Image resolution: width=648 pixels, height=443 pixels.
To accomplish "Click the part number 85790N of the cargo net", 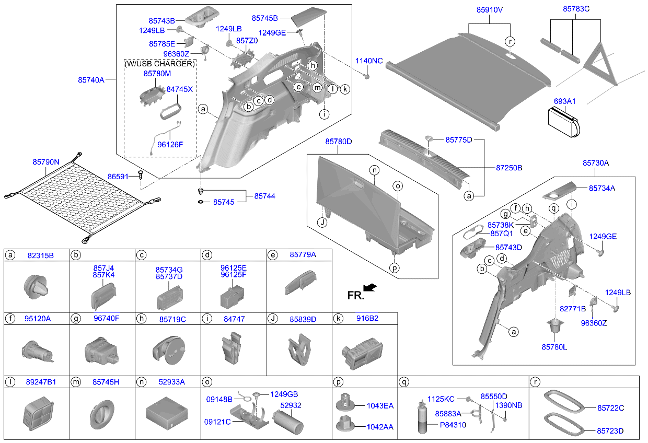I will point(46,162).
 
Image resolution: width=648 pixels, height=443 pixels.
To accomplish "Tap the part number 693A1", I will point(564,101).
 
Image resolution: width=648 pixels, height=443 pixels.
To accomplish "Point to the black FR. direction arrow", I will point(370,287).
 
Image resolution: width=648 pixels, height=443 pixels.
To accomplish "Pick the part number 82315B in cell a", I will point(40,255).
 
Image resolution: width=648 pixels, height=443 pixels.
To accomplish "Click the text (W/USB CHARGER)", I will point(160,64).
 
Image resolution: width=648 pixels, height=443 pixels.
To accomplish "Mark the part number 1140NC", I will point(369,61).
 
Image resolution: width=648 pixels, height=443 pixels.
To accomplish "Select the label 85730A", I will point(596,164).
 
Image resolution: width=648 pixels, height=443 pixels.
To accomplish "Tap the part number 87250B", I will point(509,168).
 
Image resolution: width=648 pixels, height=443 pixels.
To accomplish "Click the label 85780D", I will point(339,142).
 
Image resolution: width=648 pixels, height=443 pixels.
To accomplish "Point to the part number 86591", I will point(118,177).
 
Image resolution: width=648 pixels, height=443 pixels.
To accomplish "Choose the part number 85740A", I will point(91,80).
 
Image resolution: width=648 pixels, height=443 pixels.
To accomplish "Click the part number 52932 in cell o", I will point(291,405).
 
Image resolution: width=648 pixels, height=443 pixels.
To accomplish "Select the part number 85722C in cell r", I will point(611,408).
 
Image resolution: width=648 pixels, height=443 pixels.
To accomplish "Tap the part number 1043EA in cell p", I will point(380,405).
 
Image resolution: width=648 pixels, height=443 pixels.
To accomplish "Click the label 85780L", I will point(554,346).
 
